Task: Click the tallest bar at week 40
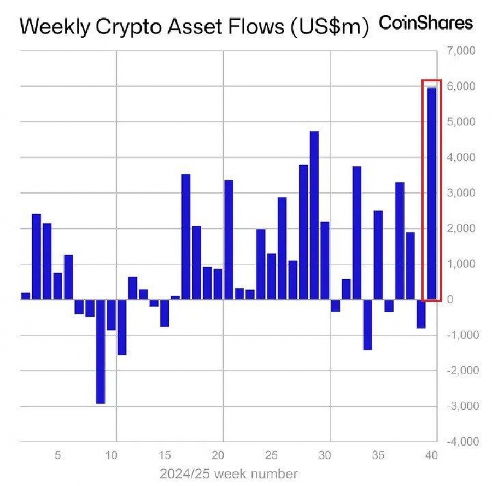[431, 194]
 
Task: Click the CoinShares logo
[426, 23]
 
